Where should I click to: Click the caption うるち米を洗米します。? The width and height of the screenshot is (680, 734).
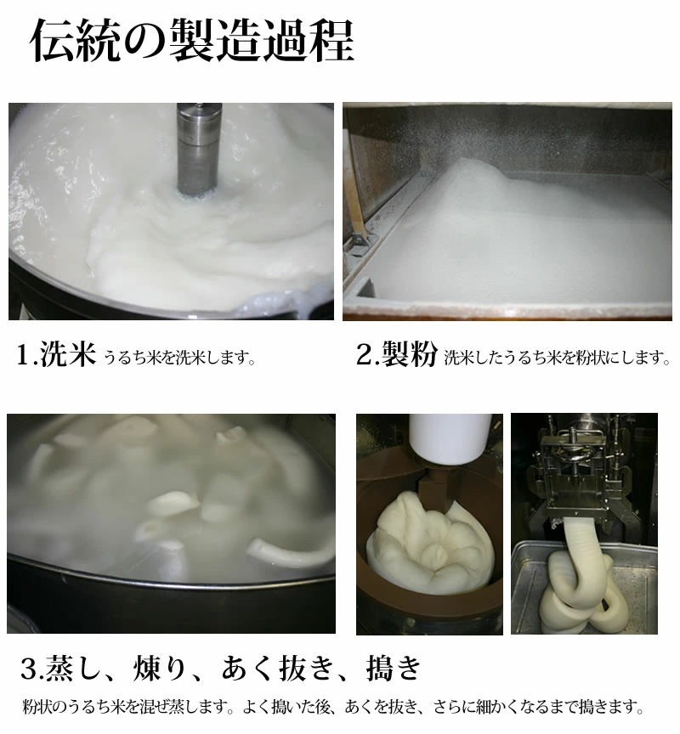[179, 358]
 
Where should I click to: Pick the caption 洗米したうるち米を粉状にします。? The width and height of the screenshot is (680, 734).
[557, 358]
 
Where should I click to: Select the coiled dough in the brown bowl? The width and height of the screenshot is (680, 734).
[429, 544]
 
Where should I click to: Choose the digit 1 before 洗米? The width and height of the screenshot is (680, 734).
[24, 355]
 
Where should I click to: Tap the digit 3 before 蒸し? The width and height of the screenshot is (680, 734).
[31, 669]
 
